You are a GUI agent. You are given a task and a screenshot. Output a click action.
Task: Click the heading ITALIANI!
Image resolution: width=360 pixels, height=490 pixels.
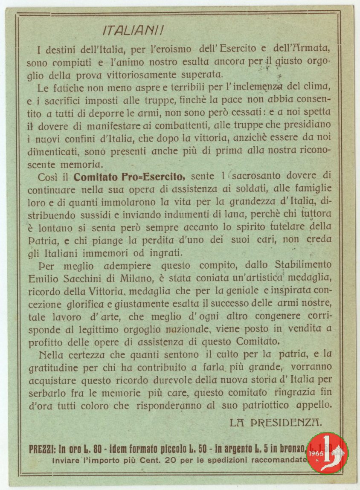click(x=134, y=31)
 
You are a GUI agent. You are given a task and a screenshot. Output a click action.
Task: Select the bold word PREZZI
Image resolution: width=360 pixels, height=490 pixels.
click(x=42, y=449)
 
